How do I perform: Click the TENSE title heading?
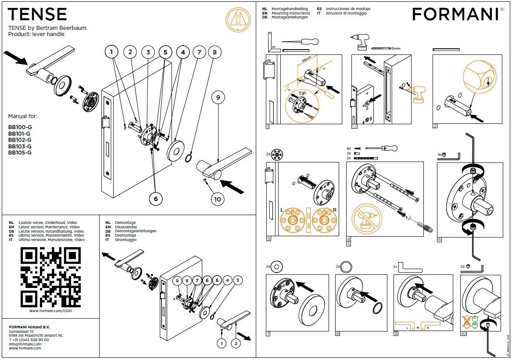pyautogui.click(x=37, y=14)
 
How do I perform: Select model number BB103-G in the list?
pyautogui.click(x=19, y=147)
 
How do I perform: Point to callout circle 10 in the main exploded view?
pyautogui.click(x=217, y=199)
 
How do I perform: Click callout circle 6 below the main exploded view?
pyautogui.click(x=155, y=198)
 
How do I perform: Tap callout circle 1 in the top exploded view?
pyautogui.click(x=112, y=52)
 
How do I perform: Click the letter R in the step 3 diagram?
pyautogui.click(x=335, y=210)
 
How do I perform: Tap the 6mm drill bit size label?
pyautogui.click(x=396, y=47)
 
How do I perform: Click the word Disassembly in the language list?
pyautogui.click(x=126, y=227)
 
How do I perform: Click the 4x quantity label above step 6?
pyautogui.click(x=440, y=155)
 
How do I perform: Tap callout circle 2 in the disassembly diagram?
pyautogui.click(x=236, y=343)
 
